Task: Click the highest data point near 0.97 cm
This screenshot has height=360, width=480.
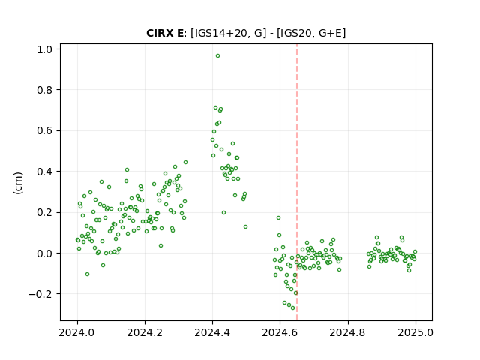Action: point(217,56)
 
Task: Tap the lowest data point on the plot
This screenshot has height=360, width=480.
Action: point(293,307)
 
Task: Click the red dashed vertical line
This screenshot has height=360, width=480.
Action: point(297,182)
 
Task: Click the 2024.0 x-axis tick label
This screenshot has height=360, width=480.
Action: point(77,332)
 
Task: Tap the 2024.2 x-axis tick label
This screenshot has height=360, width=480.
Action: point(145,332)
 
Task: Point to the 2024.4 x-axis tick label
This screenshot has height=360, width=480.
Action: point(212,332)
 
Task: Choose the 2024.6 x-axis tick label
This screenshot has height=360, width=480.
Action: point(280,332)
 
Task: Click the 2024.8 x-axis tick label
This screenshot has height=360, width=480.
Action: point(348,332)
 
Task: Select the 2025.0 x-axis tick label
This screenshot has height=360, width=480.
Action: point(415,332)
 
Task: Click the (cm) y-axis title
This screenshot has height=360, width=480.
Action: point(18,182)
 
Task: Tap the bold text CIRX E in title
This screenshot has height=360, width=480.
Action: point(165,33)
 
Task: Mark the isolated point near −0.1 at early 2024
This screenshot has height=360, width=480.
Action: point(87,274)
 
